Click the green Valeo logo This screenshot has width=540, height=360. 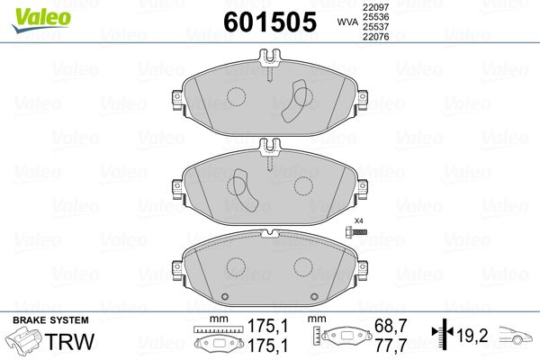point(41,20)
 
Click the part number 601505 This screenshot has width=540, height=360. point(270,22)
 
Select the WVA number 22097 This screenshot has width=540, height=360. point(375,7)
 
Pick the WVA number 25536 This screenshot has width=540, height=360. point(375,17)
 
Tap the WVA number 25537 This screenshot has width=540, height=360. point(375,26)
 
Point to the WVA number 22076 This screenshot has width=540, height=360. point(375,37)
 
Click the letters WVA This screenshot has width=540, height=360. point(347,22)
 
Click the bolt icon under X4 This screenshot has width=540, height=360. point(355,232)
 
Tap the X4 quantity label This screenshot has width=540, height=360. point(359,220)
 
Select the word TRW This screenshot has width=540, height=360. point(70,341)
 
